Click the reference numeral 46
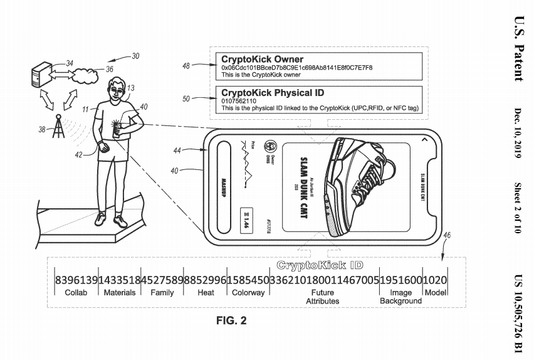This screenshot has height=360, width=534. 446,236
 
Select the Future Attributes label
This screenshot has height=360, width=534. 322,297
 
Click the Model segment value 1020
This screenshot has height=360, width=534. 435,279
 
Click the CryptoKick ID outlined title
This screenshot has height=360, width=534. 320,266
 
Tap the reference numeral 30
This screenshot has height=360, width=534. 135,56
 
